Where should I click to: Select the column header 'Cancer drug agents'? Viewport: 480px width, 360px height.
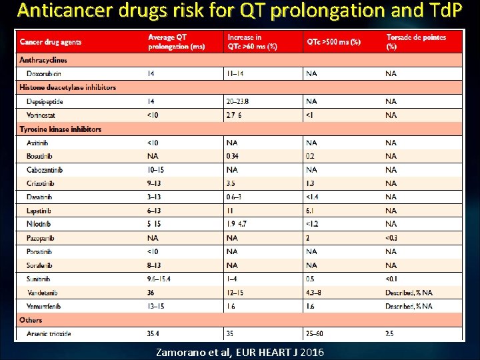point(51,42)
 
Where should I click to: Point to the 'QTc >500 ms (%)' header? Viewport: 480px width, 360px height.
point(333,42)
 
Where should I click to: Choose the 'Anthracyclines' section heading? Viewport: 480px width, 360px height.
point(43,60)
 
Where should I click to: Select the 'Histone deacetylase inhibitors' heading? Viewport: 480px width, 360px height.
point(67,87)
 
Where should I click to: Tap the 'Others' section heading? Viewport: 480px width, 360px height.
point(31,320)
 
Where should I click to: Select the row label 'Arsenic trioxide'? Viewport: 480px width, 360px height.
point(51,333)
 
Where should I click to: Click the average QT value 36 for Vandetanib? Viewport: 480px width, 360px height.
point(151,292)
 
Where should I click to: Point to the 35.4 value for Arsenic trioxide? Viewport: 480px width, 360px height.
point(154,333)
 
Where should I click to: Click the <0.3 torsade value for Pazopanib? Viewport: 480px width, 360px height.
point(392,237)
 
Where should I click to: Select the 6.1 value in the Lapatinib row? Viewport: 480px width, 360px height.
point(310,210)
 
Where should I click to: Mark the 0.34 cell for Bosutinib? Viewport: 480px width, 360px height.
point(233,156)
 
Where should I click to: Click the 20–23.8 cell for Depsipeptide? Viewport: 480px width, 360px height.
point(238,101)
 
